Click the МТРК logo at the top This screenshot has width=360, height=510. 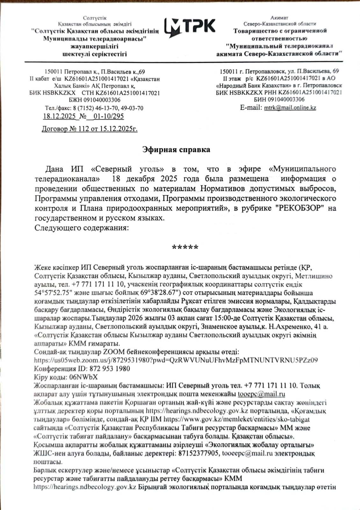[x=190, y=26]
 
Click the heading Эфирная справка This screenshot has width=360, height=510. [x=176, y=149]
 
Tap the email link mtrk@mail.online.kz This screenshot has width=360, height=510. [x=290, y=108]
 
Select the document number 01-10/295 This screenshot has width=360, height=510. [x=107, y=116]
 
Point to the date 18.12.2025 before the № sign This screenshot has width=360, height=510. [x=59, y=116]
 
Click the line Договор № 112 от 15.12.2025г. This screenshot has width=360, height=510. [x=90, y=129]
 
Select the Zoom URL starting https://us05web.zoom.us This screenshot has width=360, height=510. [x=176, y=360]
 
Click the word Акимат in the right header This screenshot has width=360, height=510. [x=279, y=18]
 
